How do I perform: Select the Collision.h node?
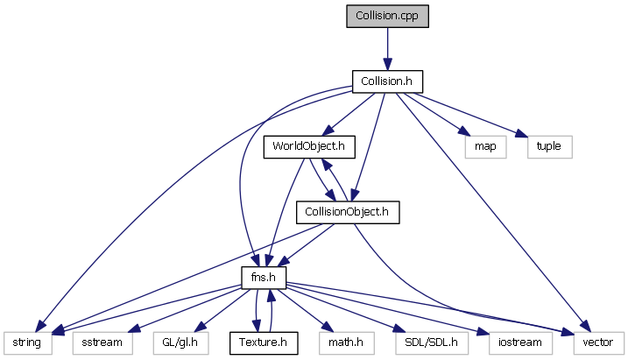[387, 81]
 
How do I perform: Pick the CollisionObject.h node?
[348, 211]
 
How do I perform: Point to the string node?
[28, 341]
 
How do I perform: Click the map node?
[485, 146]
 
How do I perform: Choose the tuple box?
[550, 146]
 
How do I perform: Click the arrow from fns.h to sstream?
[184, 307]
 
